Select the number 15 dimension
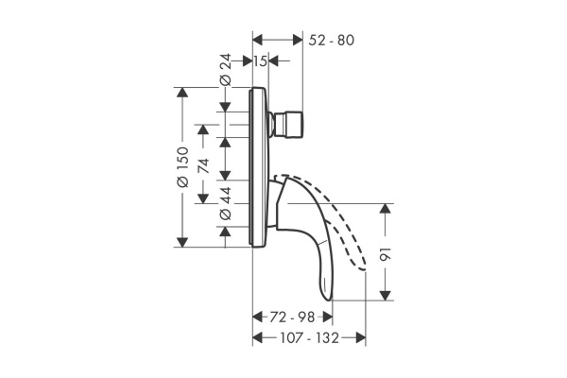261,60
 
